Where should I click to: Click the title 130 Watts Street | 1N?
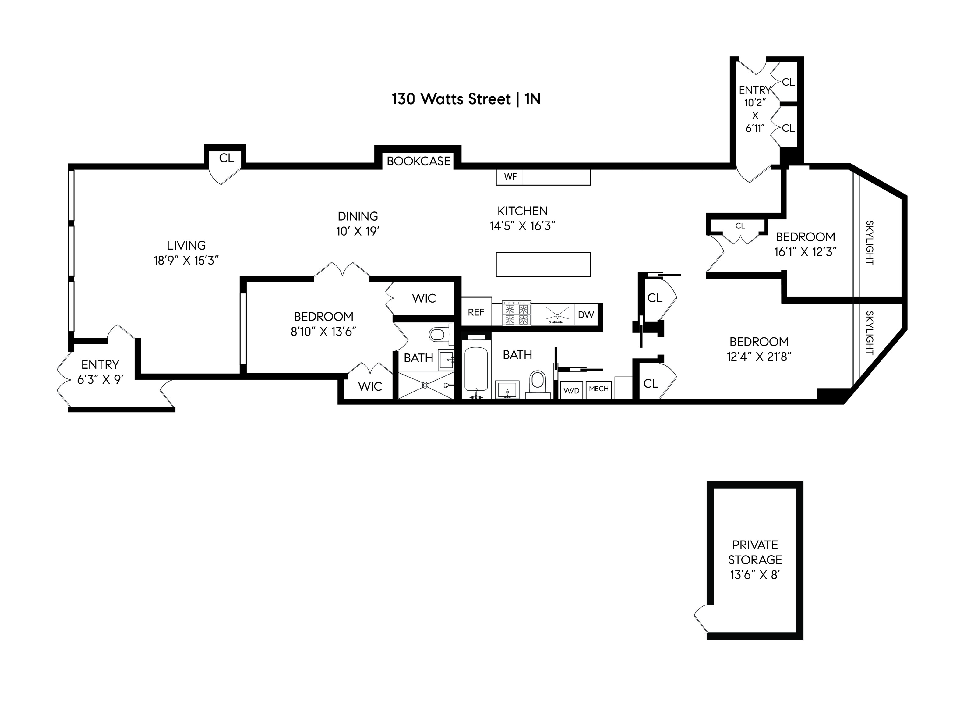click(x=466, y=99)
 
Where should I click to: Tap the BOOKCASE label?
click(x=418, y=161)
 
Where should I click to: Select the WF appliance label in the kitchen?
click(x=510, y=177)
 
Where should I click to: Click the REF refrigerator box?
click(x=476, y=312)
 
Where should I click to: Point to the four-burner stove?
click(x=516, y=314)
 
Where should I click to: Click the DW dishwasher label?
click(x=586, y=315)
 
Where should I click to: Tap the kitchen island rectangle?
click(x=543, y=264)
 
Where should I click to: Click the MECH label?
click(x=598, y=389)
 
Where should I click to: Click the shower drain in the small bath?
click(x=425, y=385)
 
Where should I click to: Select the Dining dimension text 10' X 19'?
click(x=357, y=231)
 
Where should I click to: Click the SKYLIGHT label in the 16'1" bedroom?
click(x=870, y=243)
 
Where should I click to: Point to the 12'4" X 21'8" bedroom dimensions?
click(x=759, y=357)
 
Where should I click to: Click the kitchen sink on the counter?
click(x=557, y=314)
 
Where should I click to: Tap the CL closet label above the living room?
click(x=226, y=158)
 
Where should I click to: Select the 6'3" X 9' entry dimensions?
click(x=100, y=379)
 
